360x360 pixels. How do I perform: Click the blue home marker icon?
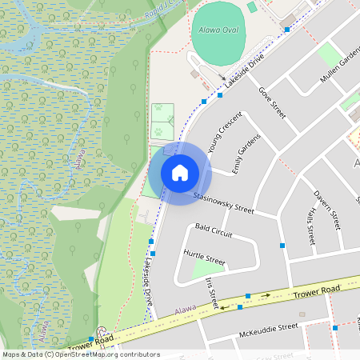coord(180,172)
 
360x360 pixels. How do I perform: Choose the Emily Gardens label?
coord(246,153)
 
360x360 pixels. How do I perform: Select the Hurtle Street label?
coord(204,258)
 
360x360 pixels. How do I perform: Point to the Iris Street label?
coord(212,293)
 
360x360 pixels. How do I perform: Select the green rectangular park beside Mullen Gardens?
coord(329,54)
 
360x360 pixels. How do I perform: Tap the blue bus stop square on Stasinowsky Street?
coord(282,244)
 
